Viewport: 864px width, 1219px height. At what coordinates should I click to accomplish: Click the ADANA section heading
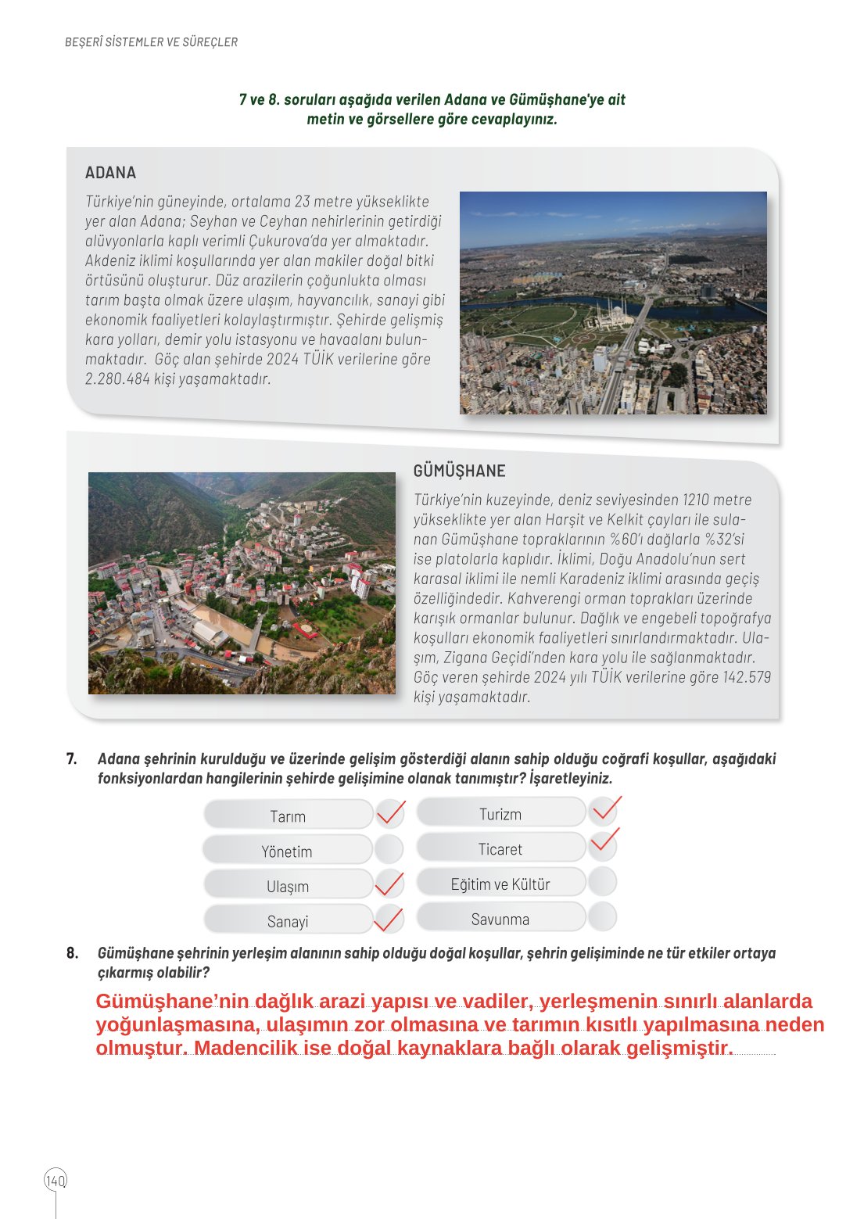tap(110, 173)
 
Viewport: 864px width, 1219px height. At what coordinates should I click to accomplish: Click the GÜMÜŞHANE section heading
tap(459, 471)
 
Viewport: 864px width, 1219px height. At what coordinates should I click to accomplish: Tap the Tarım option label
tap(288, 816)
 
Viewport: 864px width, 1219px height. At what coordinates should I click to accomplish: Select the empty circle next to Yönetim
tap(389, 849)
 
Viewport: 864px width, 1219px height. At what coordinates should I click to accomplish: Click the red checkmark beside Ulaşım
tap(389, 884)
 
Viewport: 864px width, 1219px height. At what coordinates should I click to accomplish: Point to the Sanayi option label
tap(288, 921)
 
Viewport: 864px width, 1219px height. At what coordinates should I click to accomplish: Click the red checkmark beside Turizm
tap(604, 811)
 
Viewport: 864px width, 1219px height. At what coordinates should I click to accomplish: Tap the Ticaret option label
tap(500, 849)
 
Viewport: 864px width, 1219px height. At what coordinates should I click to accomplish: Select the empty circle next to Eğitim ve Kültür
tap(602, 882)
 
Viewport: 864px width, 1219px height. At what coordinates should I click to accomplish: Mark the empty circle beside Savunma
tap(602, 917)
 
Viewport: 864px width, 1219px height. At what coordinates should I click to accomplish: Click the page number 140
tap(56, 1180)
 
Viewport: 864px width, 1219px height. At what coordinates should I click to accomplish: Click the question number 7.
tap(71, 758)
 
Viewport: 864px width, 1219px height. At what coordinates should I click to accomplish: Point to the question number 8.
tap(72, 952)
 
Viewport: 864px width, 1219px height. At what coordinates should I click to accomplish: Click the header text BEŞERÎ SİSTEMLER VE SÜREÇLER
tap(151, 42)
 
